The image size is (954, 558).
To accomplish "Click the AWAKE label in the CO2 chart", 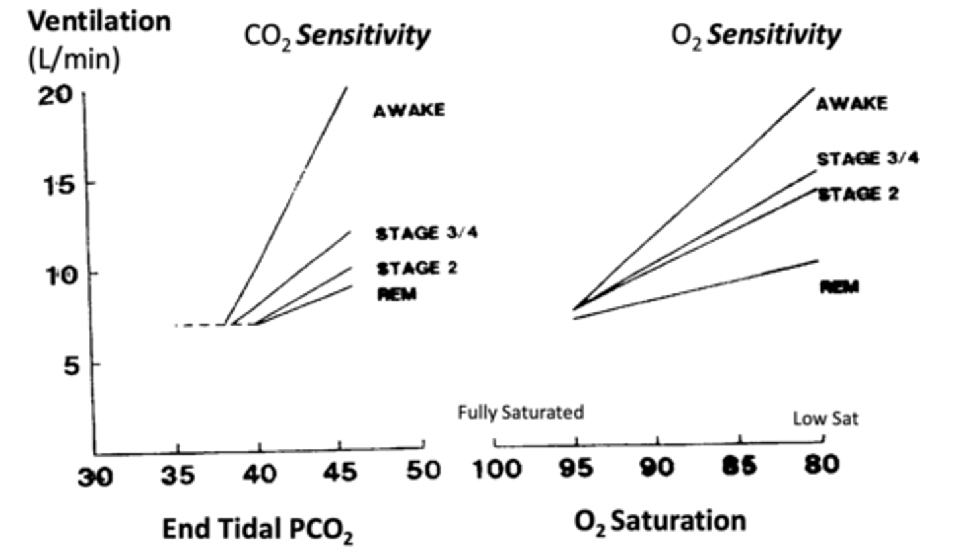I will pos(409,110).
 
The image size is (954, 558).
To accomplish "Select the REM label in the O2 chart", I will pos(839,287).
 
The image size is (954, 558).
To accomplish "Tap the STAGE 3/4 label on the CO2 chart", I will pos(426,233).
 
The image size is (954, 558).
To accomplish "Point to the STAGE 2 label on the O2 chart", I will pos(859,194).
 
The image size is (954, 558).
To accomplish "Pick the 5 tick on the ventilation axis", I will pos(72,365).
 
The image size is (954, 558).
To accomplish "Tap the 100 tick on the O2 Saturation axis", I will pos(496,469).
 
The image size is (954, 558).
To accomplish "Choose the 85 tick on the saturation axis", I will pos(739,466).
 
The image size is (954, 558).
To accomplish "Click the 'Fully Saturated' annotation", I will pos(521,412).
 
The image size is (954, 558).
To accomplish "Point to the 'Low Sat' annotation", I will pos(825,418).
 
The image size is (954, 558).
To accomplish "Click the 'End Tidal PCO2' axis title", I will pos(258,530).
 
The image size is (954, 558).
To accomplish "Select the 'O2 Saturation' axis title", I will pos(660,522).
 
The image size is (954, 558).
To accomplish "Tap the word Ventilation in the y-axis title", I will pos(99,21).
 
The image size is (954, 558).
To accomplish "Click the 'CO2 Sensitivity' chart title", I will pos(337,36).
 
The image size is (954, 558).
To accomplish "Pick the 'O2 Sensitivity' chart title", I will pos(755,35).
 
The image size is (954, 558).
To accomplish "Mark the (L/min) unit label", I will pos(74,60).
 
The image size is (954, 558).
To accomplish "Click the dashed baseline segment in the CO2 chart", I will pos(199,325).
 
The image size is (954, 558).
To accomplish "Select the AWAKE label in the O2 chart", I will pos(851,103).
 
